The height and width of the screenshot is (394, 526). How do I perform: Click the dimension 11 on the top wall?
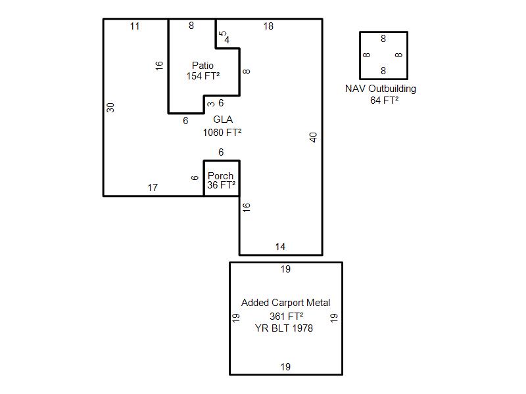[x=135, y=26]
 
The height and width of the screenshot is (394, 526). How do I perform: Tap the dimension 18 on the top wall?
[x=268, y=26]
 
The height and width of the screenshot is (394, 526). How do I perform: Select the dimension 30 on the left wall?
[x=111, y=107]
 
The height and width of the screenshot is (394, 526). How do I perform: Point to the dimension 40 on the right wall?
[x=314, y=137]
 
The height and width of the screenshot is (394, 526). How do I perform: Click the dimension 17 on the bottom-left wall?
[x=153, y=188]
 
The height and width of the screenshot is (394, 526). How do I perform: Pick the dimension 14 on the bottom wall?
[x=280, y=247]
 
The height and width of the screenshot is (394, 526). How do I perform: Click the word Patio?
[x=203, y=66]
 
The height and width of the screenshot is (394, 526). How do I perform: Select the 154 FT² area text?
[x=203, y=76]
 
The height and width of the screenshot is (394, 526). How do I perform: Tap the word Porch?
[x=220, y=176]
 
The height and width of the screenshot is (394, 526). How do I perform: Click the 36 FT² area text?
[x=221, y=185]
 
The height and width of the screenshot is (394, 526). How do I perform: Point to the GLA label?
[x=223, y=120]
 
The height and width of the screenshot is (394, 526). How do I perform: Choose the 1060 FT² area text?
[x=222, y=132]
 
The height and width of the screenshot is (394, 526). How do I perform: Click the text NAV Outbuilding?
[x=381, y=89]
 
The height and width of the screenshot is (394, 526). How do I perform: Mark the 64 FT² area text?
[x=384, y=100]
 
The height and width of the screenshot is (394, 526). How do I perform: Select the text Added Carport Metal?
[x=285, y=303]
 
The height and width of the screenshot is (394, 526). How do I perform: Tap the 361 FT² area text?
[x=286, y=316]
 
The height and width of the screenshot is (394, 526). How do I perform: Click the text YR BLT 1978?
[x=284, y=328]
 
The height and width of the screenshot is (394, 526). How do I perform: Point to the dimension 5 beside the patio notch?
[x=222, y=33]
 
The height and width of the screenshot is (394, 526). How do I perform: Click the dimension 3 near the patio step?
[x=210, y=104]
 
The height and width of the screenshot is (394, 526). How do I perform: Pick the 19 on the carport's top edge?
[x=285, y=269]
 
